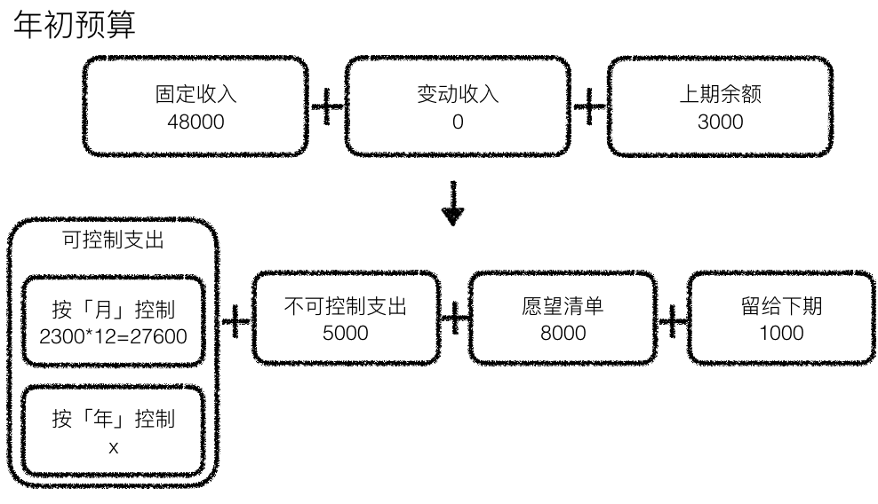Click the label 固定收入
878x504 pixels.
tap(196, 95)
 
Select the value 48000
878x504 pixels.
tap(196, 122)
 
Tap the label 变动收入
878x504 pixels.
tap(458, 95)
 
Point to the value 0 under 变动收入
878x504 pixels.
tap(458, 122)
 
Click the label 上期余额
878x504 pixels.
tap(720, 95)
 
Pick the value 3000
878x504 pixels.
tap(720, 122)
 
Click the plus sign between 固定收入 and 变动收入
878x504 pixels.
tap(327, 107)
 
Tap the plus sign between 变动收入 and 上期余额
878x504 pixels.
tap(589, 107)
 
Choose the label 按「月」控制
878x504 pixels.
tap(113, 311)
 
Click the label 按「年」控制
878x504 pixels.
tap(113, 420)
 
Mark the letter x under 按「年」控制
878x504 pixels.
tap(113, 447)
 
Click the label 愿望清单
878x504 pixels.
tap(563, 307)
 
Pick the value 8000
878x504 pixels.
tap(563, 334)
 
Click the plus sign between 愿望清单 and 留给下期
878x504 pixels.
tap(673, 319)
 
